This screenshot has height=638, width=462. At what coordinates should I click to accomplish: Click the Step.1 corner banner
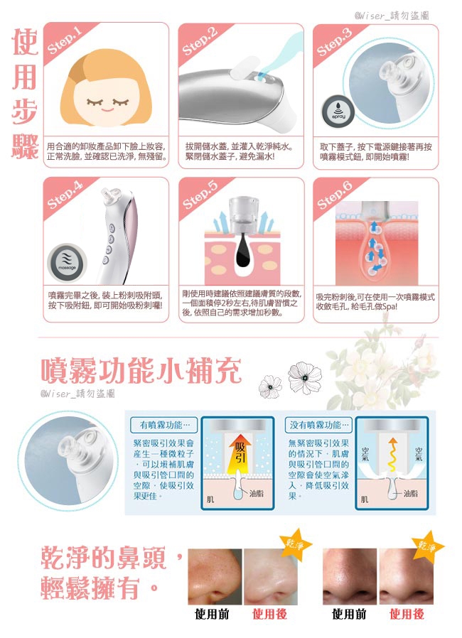point(64,40)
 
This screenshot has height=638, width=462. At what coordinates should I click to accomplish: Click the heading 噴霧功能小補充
point(141,369)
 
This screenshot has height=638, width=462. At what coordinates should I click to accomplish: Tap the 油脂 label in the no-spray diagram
point(410,492)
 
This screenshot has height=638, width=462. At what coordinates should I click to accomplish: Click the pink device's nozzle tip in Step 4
point(109,194)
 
